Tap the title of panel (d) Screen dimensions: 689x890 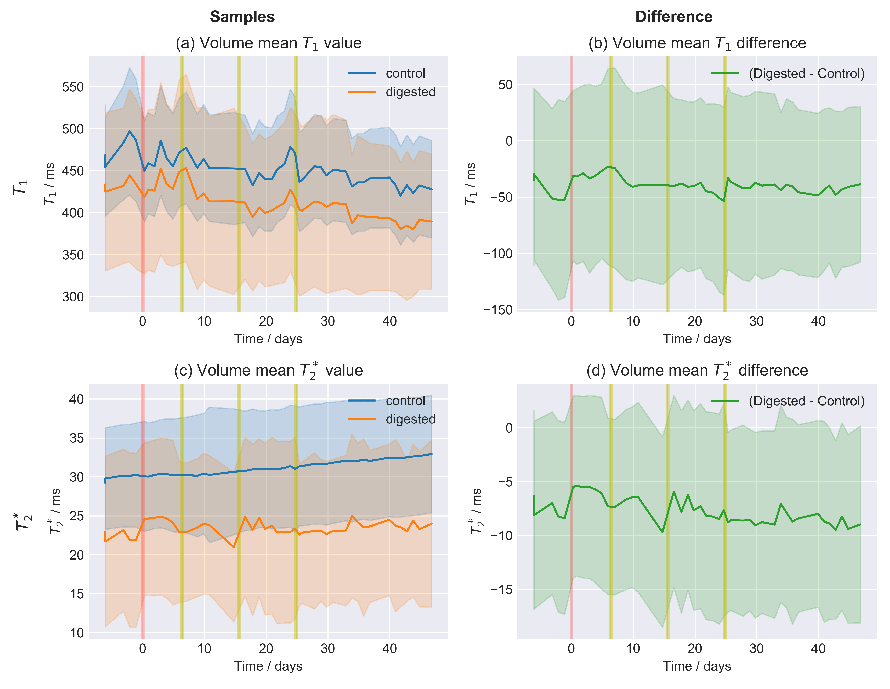[697, 370]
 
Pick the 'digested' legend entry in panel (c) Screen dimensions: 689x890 [410, 419]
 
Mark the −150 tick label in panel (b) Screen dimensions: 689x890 [498, 310]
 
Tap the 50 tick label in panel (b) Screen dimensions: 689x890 [505, 85]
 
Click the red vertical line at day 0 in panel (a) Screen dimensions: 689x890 [142, 244]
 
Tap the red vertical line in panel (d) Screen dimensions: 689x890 [571, 530]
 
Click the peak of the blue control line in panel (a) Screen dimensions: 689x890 [130, 131]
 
